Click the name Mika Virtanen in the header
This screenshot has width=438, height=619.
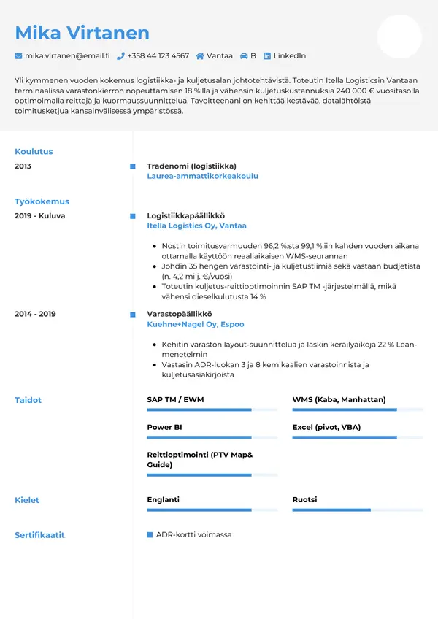point(82,32)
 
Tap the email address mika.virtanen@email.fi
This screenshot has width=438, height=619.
point(66,55)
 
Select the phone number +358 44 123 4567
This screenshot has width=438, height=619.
point(158,55)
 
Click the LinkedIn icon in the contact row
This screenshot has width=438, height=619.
point(267,55)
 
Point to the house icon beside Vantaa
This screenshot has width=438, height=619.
point(200,55)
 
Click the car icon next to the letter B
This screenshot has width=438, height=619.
point(244,55)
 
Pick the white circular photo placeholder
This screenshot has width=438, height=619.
point(399,36)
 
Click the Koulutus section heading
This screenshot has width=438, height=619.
point(34,152)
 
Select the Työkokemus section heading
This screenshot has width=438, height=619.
point(42,201)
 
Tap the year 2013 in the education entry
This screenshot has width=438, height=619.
point(23,166)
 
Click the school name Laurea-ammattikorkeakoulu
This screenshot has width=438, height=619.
point(202,176)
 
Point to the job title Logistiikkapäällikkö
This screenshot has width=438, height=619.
point(185,216)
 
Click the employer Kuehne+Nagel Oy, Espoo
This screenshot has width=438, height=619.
point(195,324)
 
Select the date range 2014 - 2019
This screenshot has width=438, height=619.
point(35,314)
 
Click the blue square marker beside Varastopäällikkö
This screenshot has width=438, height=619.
point(132,314)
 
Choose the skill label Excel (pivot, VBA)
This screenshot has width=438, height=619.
point(326,427)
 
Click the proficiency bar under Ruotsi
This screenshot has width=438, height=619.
point(357,510)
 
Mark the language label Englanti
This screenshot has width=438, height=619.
point(163,500)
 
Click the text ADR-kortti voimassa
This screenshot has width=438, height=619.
point(193,535)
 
